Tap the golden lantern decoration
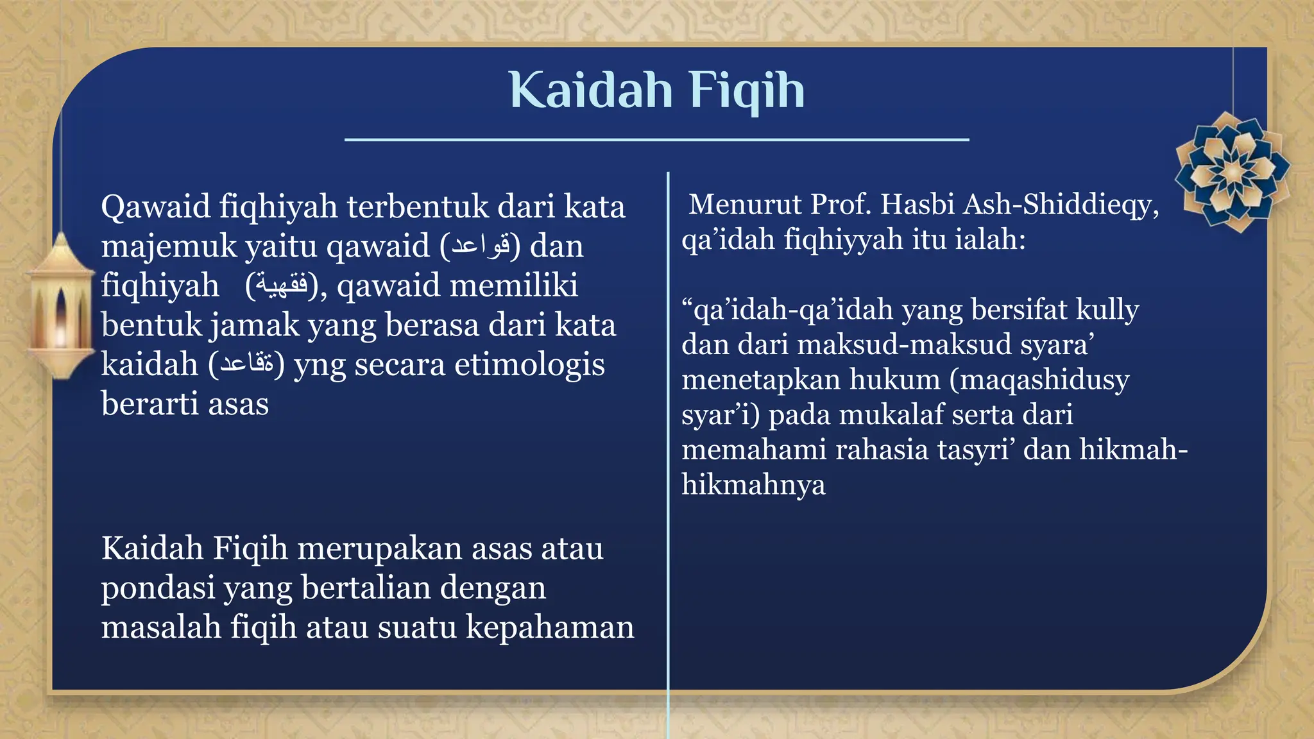pyautogui.click(x=61, y=307)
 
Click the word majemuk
pyautogui.click(x=168, y=247)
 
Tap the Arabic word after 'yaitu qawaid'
pyautogui.click(x=481, y=246)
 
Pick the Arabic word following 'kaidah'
pyautogui.click(x=246, y=364)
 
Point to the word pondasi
pyautogui.click(x=158, y=588)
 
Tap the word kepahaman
pyautogui.click(x=550, y=627)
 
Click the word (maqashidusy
pyautogui.click(x=1039, y=380)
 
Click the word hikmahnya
pyautogui.click(x=753, y=485)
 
